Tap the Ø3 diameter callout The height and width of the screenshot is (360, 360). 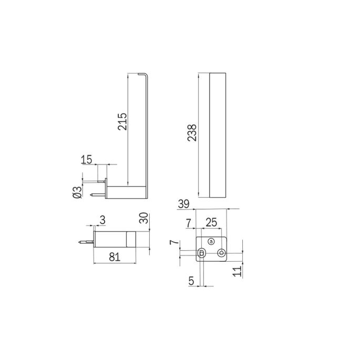77,192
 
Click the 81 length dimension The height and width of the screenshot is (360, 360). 116,257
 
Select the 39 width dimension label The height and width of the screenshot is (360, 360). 184,204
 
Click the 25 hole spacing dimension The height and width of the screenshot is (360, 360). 211,223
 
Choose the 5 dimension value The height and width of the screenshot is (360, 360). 191,281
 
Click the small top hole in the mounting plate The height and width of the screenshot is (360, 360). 211,242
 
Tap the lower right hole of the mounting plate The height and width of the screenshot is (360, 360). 221,253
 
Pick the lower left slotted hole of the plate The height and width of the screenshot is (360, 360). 201,253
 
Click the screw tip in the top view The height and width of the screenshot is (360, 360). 80,242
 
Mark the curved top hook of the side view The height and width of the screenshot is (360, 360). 146,76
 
